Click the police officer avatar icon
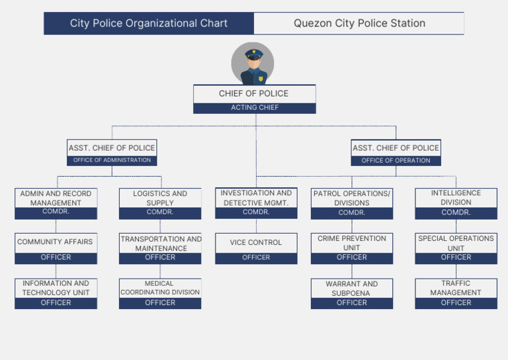pos(253,64)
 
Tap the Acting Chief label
pos(254,108)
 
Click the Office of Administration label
pos(112,160)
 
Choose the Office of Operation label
pos(396,160)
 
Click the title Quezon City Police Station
pos(359,23)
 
